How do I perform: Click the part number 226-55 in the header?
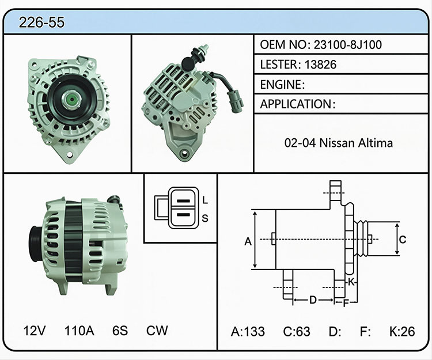pyautogui.click(x=41, y=22)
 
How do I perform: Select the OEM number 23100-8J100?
pyautogui.click(x=348, y=44)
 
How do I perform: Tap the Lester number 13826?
pyautogui.click(x=320, y=65)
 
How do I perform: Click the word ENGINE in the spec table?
pyautogui.click(x=281, y=85)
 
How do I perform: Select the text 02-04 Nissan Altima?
pyautogui.click(x=339, y=143)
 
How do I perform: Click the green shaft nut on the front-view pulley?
pyautogui.click(x=71, y=99)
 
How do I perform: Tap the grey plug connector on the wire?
pyautogui.click(x=235, y=101)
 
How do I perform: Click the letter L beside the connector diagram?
pyautogui.click(x=204, y=200)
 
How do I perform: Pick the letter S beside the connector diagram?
pyautogui.click(x=205, y=218)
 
